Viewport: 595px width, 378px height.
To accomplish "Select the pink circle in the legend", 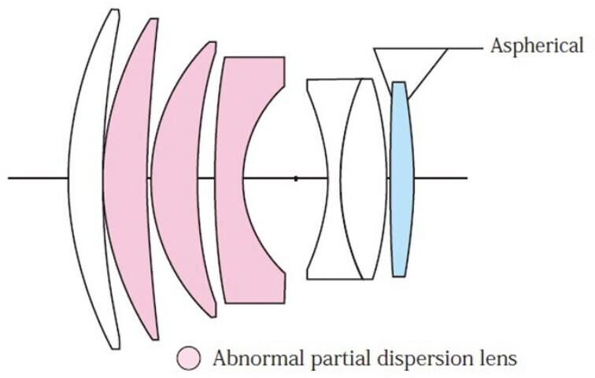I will (x=189, y=358).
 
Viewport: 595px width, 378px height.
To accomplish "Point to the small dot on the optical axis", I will (x=295, y=179).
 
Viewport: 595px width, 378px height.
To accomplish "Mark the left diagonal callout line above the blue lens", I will (x=384, y=68).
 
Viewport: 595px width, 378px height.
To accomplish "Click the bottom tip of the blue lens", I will (x=399, y=275).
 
